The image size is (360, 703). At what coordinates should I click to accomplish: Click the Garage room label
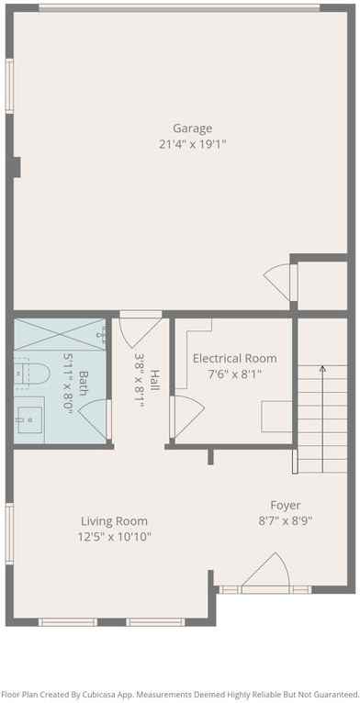click(x=192, y=128)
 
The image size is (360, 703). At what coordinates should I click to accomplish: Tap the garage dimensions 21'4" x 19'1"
click(x=192, y=144)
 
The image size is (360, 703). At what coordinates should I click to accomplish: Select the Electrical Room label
click(x=234, y=358)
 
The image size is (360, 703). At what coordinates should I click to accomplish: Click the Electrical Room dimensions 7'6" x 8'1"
click(x=234, y=374)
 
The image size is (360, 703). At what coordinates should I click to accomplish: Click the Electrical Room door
click(x=184, y=414)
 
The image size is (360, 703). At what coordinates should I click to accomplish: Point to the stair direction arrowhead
click(x=321, y=368)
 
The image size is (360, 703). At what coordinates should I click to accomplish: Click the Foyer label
click(x=285, y=505)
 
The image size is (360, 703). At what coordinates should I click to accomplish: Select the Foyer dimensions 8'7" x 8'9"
click(x=285, y=520)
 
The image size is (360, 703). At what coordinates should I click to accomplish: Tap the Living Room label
click(x=114, y=521)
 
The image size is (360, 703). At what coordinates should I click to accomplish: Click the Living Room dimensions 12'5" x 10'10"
click(x=114, y=537)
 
